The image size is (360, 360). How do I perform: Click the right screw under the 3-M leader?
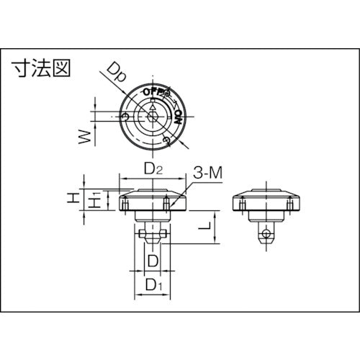168,207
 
